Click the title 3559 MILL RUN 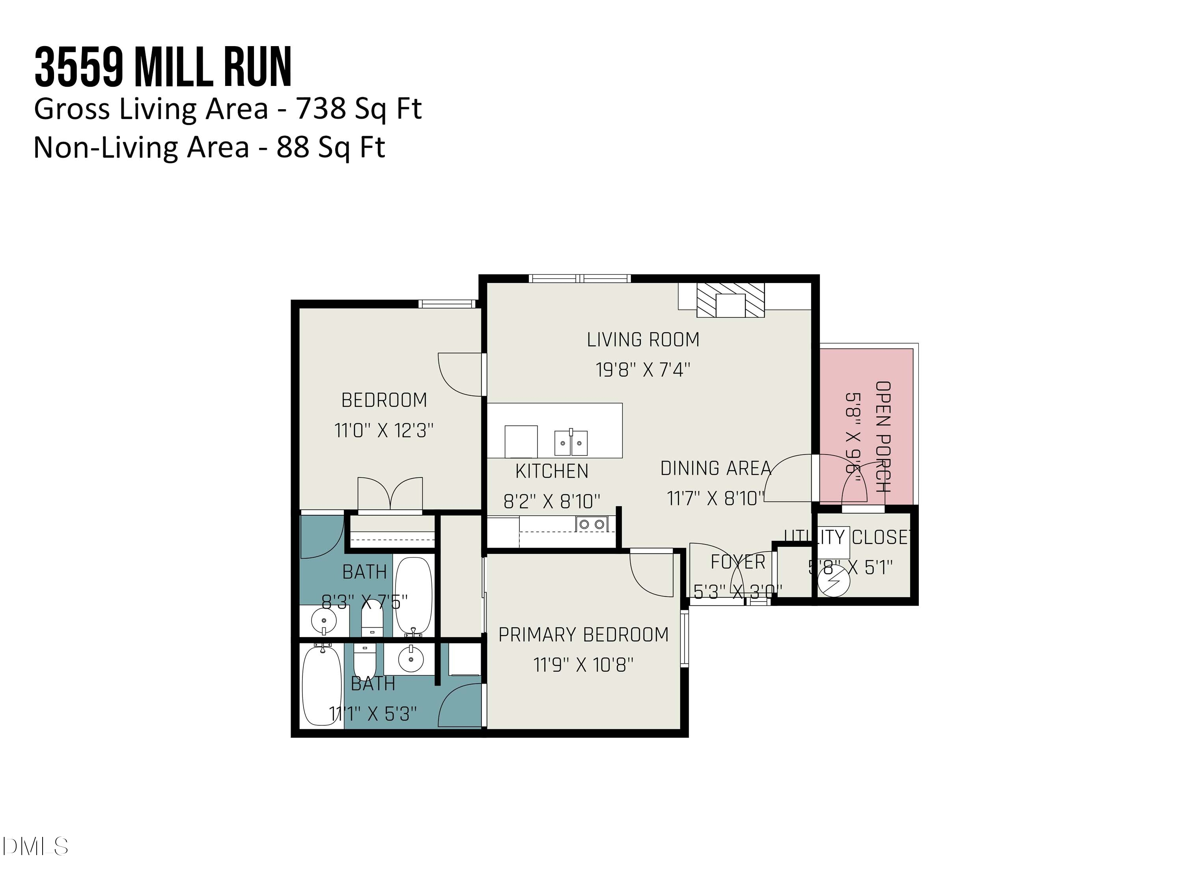163,67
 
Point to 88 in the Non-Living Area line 293,147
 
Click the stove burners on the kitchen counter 592,524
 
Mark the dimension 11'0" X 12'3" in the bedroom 383,430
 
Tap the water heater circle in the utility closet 834,581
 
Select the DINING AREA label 716,468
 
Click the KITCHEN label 551,471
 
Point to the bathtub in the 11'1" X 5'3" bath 321,685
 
